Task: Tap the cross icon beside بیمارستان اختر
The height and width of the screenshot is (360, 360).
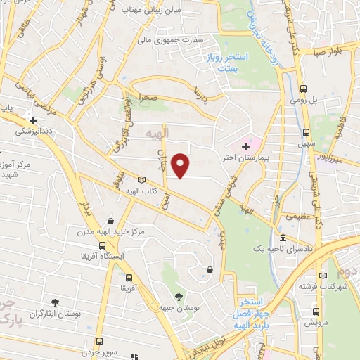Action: [245, 146]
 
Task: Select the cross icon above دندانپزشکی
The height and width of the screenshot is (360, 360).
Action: [32, 120]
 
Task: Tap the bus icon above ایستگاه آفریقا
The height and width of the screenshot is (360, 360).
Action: [103, 246]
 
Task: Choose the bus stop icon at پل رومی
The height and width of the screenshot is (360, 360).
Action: [303, 89]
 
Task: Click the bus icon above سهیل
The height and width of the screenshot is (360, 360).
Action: [306, 131]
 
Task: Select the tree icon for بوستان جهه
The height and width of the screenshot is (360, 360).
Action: [178, 296]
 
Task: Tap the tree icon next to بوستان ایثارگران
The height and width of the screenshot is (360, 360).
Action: [56, 302]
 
